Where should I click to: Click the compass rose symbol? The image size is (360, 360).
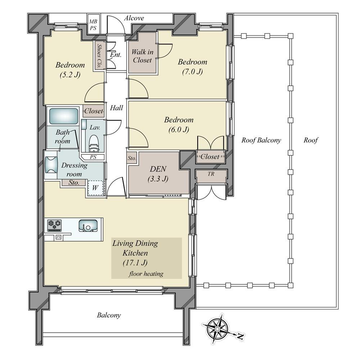(217, 329)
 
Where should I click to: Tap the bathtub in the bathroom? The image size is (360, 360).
(64, 116)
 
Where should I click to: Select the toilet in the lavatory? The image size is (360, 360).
(93, 144)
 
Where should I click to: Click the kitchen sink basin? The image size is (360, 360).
(88, 225)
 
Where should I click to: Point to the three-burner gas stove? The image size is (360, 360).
(55, 225)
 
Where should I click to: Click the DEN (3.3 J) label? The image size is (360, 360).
(158, 174)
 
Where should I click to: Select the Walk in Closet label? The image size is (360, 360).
(142, 56)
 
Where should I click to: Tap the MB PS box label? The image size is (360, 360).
(93, 24)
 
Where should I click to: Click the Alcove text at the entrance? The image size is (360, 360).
(134, 18)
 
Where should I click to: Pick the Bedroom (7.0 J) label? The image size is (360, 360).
(192, 67)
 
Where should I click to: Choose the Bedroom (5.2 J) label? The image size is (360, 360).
(70, 69)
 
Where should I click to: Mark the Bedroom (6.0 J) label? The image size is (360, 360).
(179, 125)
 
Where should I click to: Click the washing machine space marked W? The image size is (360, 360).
(95, 188)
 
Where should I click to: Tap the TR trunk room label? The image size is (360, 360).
(211, 174)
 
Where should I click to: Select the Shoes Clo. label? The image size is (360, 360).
(99, 56)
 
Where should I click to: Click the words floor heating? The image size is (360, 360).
(146, 274)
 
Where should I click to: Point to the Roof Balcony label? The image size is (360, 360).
(261, 140)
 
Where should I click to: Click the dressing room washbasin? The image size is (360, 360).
(51, 165)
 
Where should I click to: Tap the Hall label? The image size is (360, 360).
(116, 108)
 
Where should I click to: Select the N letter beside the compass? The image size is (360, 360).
(240, 337)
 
